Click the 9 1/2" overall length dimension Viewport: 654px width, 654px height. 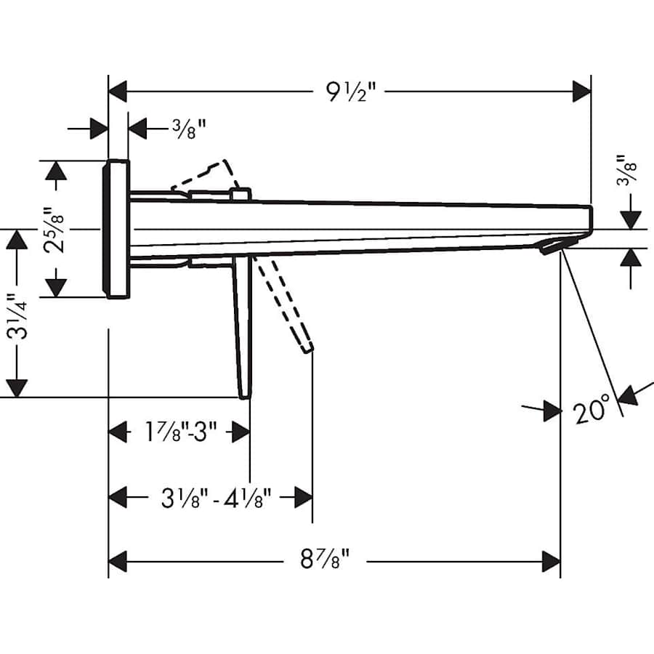pyautogui.click(x=351, y=92)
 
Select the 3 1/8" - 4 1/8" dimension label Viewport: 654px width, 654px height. pyautogui.click(x=216, y=498)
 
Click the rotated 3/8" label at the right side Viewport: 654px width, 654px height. pyautogui.click(x=630, y=171)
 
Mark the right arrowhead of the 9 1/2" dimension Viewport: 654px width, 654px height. pyautogui.click(x=581, y=92)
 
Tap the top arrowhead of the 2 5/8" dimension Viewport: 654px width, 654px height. pyautogui.click(x=55, y=170)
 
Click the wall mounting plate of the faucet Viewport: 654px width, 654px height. pyautogui.click(x=118, y=228)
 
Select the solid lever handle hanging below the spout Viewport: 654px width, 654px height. pyautogui.click(x=243, y=327)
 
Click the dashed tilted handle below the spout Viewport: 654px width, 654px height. pyautogui.click(x=287, y=305)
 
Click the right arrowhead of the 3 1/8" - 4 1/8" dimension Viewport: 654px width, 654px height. pyautogui.click(x=303, y=498)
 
